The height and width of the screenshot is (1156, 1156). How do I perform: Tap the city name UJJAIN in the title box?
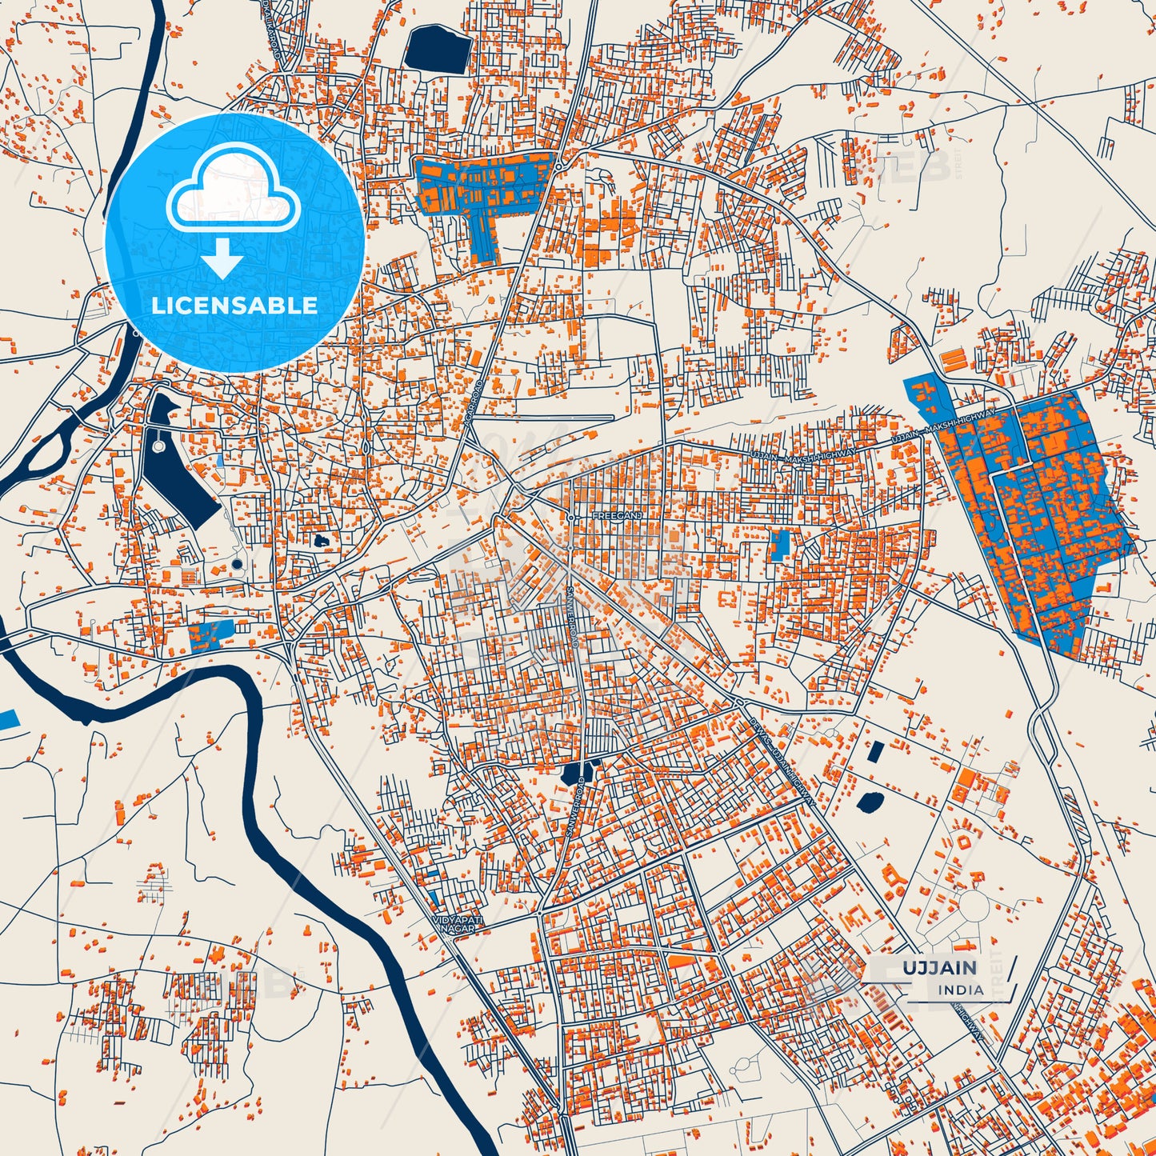click(940, 968)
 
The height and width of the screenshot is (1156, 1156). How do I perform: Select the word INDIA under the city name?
click(961, 990)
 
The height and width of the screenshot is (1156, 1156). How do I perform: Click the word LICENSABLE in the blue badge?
click(234, 305)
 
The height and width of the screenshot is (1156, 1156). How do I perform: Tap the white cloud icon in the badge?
click(233, 190)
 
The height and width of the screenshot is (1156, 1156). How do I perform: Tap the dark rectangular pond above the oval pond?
click(875, 752)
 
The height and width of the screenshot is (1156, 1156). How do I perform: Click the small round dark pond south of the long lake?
click(236, 564)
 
